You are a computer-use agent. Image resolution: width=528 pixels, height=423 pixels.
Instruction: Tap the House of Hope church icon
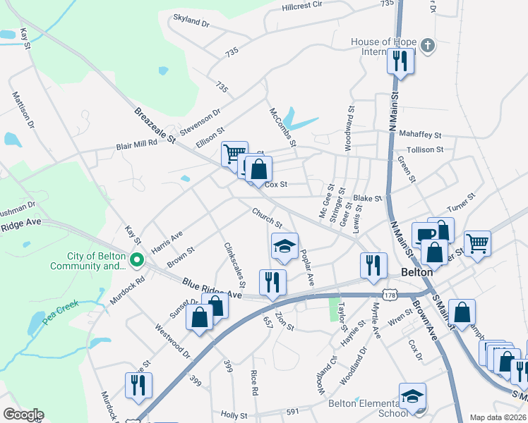coord(426,47)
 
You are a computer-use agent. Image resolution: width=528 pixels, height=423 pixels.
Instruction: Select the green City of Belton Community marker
coord(137,261)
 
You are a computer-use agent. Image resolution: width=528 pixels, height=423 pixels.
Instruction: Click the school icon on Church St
coord(284,246)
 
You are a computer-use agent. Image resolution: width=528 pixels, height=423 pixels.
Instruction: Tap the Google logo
coord(23,415)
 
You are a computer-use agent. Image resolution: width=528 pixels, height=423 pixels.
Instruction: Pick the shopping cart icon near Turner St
coord(478,243)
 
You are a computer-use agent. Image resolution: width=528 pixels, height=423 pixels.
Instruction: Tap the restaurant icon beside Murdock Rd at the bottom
coord(138,385)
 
